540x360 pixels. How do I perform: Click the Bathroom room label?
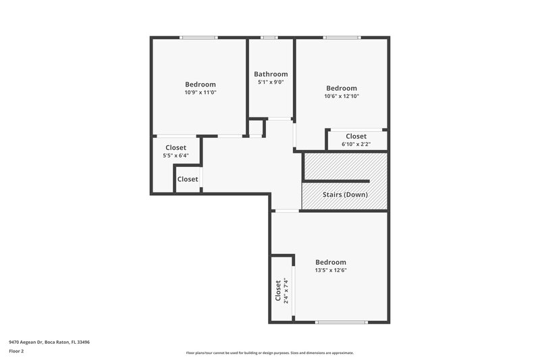click(271, 74)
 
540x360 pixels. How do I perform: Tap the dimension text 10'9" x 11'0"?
click(200, 93)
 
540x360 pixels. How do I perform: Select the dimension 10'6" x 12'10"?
click(342, 96)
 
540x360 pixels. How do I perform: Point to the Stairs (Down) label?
click(344, 195)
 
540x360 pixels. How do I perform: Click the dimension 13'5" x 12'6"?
click(331, 270)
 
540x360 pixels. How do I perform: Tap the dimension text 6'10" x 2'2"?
click(356, 145)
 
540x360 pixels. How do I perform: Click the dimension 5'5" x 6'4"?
click(175, 156)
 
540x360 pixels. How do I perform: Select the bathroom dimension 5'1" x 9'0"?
click(271, 82)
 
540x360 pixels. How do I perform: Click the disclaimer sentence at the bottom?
click(270, 353)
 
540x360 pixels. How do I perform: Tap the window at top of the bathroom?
click(270, 37)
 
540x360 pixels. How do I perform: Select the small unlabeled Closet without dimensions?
click(188, 179)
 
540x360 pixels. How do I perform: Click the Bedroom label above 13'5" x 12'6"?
click(331, 262)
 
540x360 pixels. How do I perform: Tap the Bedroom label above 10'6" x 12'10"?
click(342, 88)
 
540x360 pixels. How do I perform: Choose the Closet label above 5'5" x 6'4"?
click(175, 148)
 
